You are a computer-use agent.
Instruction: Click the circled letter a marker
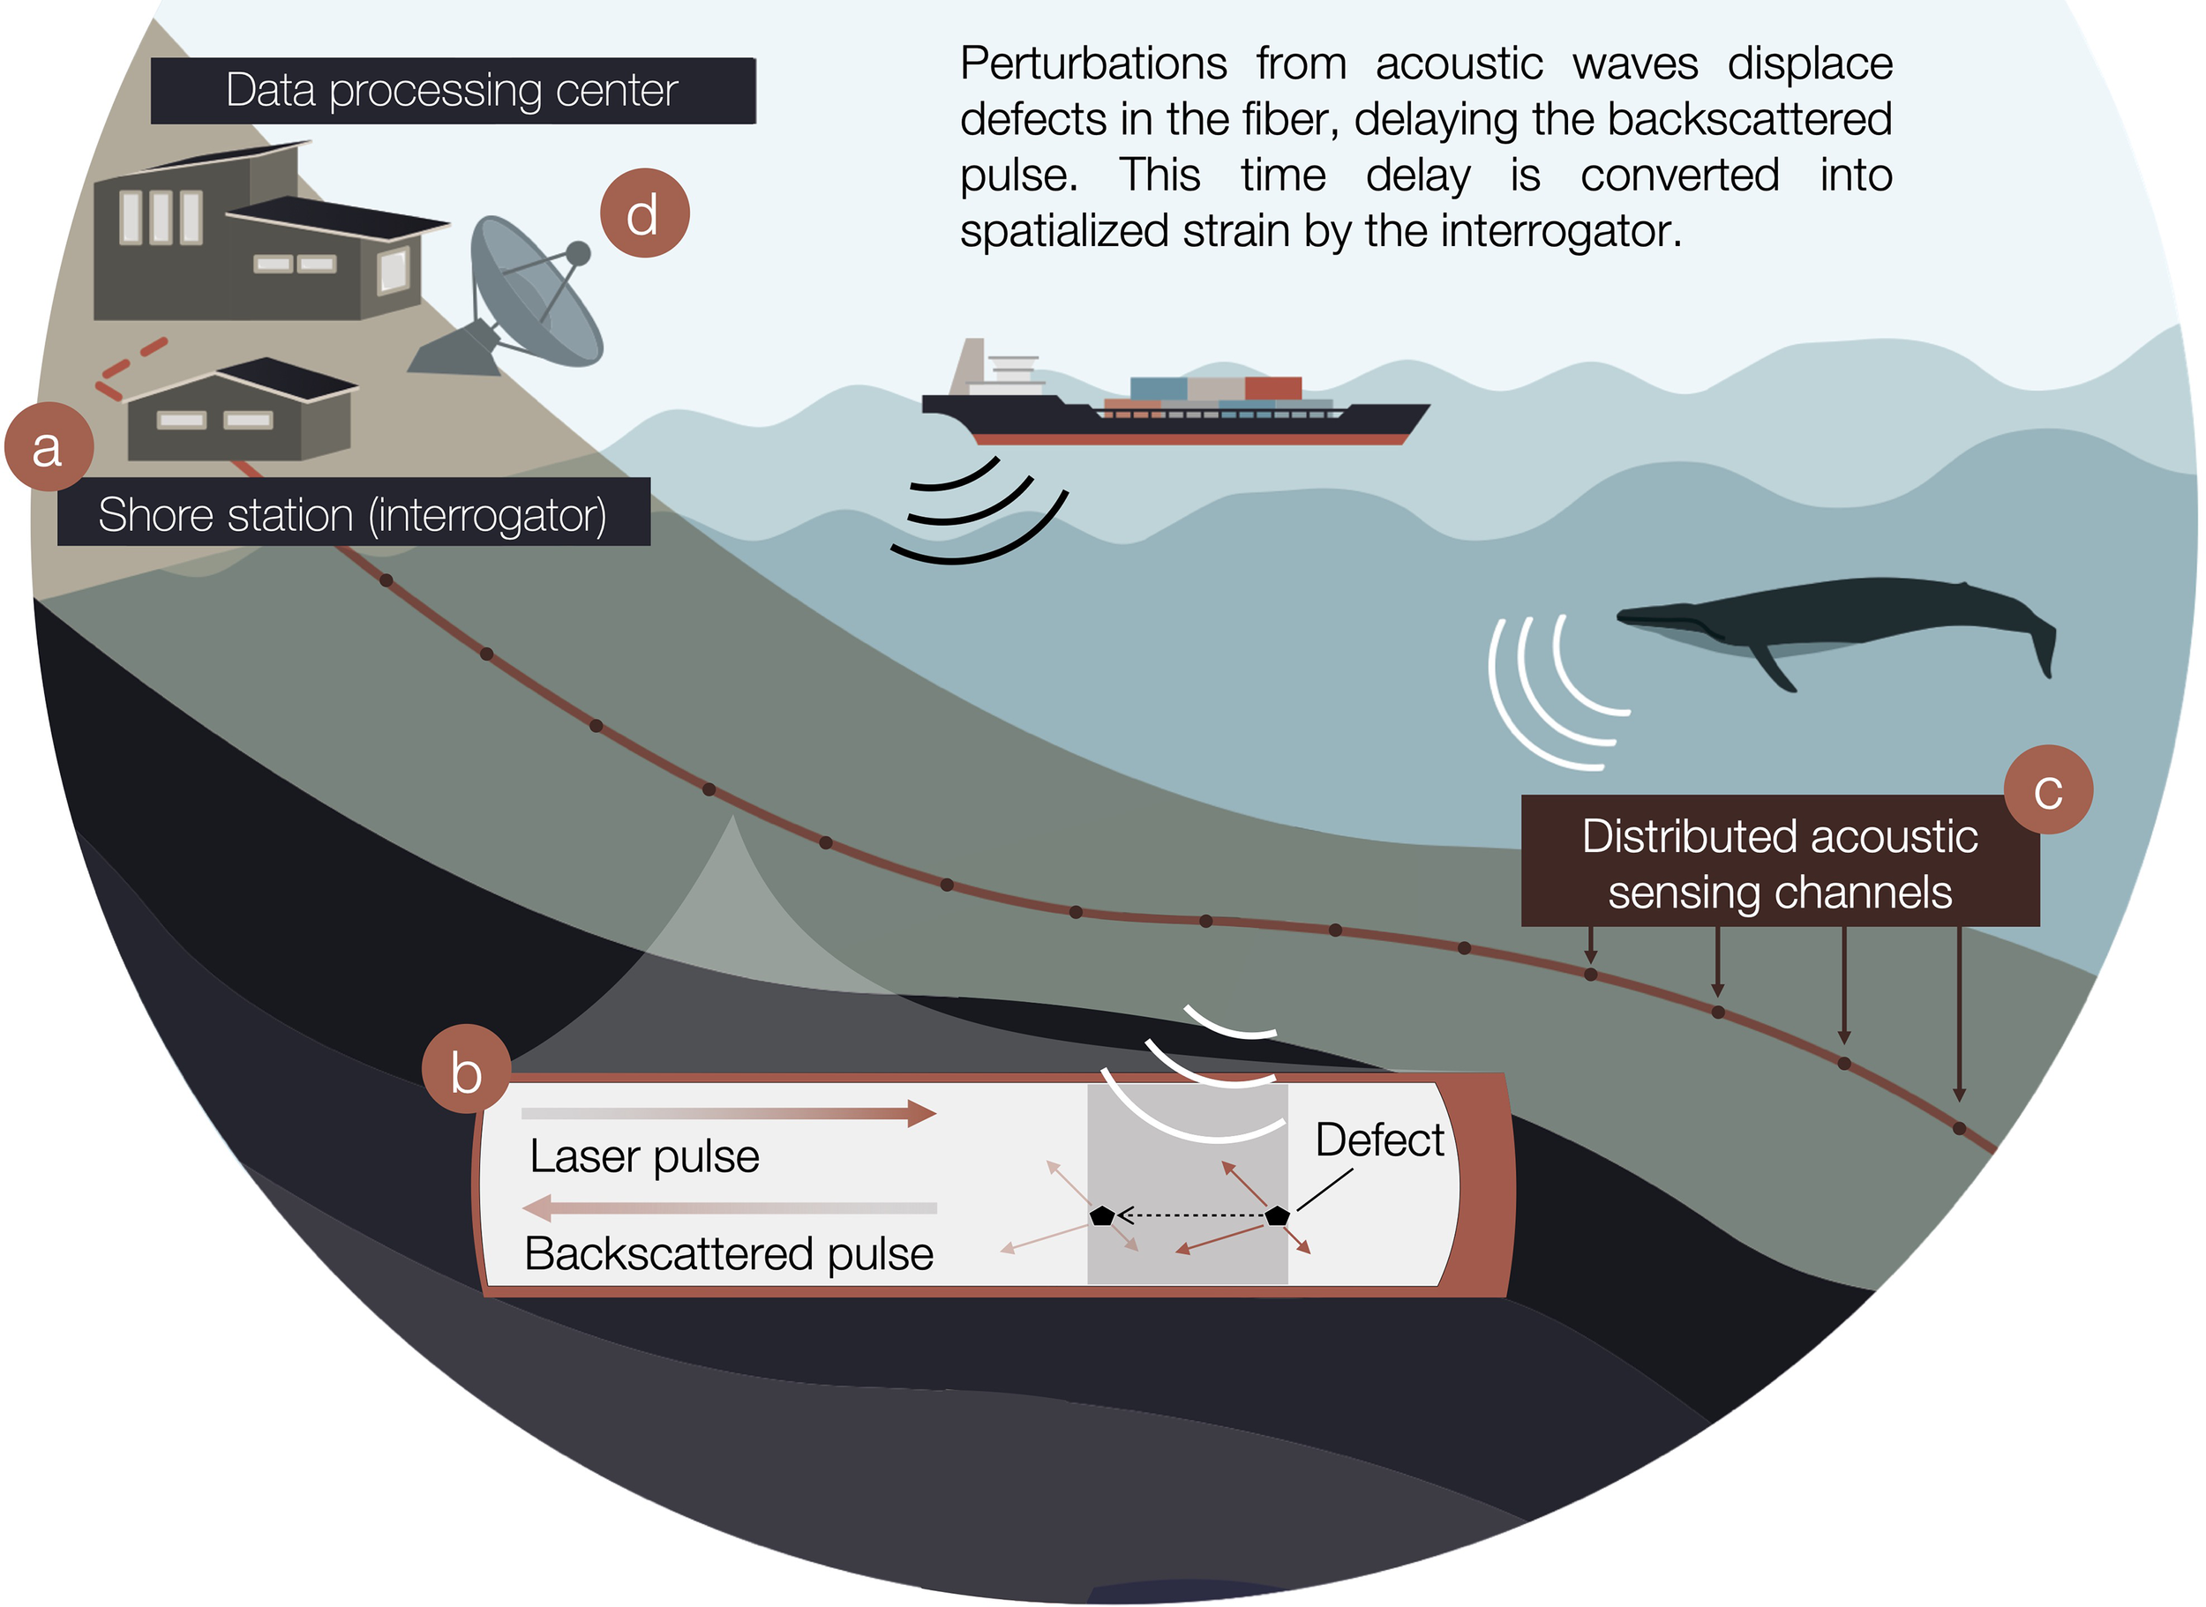click(49, 447)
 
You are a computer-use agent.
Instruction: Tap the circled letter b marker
click(466, 1070)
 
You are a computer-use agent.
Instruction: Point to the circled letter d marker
click(644, 213)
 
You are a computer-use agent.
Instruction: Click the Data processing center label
click(453, 91)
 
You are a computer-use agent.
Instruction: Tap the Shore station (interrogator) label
click(353, 512)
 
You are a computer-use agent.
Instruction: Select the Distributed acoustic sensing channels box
click(1779, 863)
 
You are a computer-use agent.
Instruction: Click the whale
click(1829, 617)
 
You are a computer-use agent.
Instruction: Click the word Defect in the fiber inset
click(1379, 1140)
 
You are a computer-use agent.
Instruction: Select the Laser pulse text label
click(644, 1156)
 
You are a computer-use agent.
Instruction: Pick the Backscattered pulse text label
click(729, 1254)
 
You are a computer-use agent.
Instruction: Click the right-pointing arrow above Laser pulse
click(730, 1113)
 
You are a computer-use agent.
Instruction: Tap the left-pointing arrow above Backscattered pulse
click(730, 1208)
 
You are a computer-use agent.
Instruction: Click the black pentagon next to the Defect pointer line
click(1277, 1215)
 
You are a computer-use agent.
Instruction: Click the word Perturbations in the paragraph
click(1092, 64)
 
